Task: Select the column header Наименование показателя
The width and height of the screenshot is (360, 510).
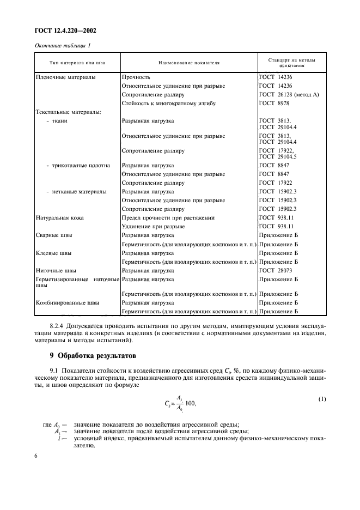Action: point(188,63)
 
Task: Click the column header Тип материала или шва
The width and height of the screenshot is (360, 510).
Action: point(77,63)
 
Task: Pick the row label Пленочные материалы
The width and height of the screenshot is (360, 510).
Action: point(65,77)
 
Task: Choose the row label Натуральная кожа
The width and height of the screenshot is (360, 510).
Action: point(59,217)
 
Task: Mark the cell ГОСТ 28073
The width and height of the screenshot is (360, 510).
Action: point(276,270)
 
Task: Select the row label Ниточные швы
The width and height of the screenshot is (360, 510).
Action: point(56,270)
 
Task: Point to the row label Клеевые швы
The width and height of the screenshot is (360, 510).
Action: point(54,253)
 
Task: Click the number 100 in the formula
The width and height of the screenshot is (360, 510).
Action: point(190,404)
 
